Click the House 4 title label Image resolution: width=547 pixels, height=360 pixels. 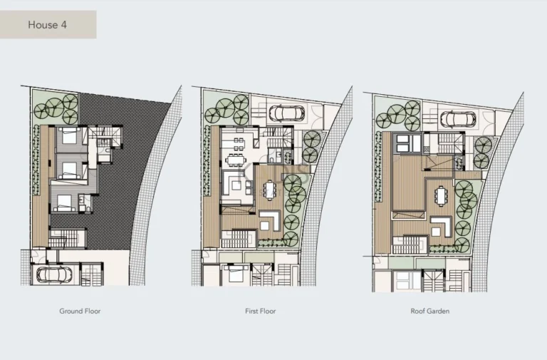tap(48, 25)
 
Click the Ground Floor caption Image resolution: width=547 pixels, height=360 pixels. tap(80, 311)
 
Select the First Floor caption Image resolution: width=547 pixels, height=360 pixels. tap(260, 311)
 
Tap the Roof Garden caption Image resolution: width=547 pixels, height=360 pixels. tap(430, 311)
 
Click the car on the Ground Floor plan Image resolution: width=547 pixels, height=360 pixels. tap(54, 274)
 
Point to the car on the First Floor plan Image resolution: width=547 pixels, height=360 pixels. tap(286, 113)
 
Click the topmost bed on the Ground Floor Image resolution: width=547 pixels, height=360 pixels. tap(69, 138)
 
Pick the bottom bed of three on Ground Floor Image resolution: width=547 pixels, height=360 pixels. tap(66, 201)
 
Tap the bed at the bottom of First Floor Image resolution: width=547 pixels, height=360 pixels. tap(233, 273)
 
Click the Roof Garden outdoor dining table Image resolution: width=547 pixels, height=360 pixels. tap(440, 194)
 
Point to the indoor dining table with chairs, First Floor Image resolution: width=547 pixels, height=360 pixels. tap(234, 152)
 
